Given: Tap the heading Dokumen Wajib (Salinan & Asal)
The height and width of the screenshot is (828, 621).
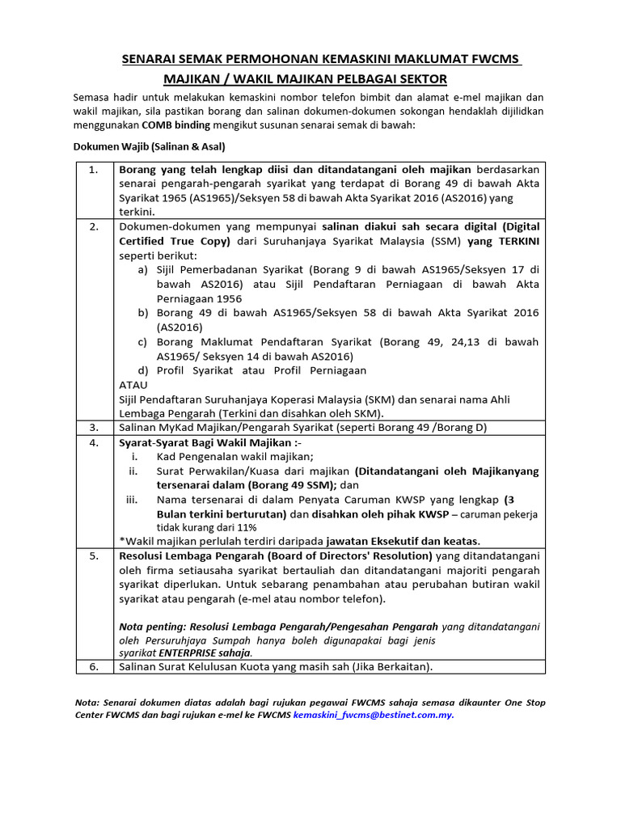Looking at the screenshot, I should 150,147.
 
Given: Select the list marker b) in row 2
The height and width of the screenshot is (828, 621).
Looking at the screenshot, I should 143,313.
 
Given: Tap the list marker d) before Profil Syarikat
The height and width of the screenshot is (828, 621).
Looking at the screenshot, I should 143,370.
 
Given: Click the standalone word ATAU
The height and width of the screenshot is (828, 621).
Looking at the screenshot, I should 133,385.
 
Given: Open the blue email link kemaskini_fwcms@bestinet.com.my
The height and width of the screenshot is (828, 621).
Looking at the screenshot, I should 374,716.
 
